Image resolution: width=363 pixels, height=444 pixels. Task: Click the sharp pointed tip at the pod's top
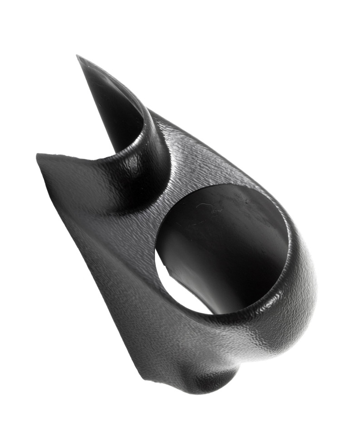78,57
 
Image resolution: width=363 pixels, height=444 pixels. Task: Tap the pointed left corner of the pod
39,156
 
